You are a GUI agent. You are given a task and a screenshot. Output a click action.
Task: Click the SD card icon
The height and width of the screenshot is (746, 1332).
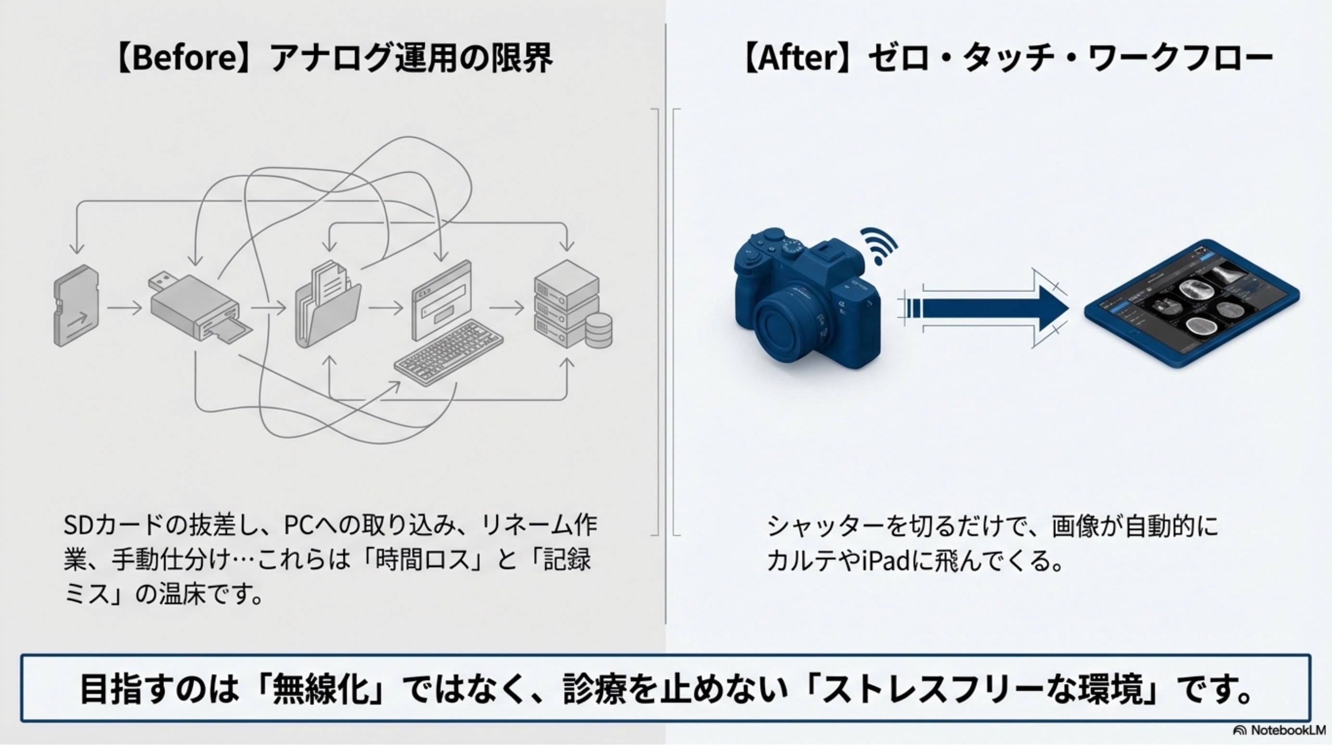76,306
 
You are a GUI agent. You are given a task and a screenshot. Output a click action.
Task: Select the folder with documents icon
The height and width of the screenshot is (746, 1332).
329,305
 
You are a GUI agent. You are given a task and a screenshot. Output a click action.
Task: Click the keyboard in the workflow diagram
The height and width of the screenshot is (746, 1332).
449,352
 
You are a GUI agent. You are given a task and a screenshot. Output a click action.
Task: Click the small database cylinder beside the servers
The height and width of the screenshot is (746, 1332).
599,331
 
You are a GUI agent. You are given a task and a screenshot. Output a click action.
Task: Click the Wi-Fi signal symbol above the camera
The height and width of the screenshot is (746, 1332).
879,246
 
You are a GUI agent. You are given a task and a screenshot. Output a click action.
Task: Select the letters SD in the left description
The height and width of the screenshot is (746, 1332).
79,526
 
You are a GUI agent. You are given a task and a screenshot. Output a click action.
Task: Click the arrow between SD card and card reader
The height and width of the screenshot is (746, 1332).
124,308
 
